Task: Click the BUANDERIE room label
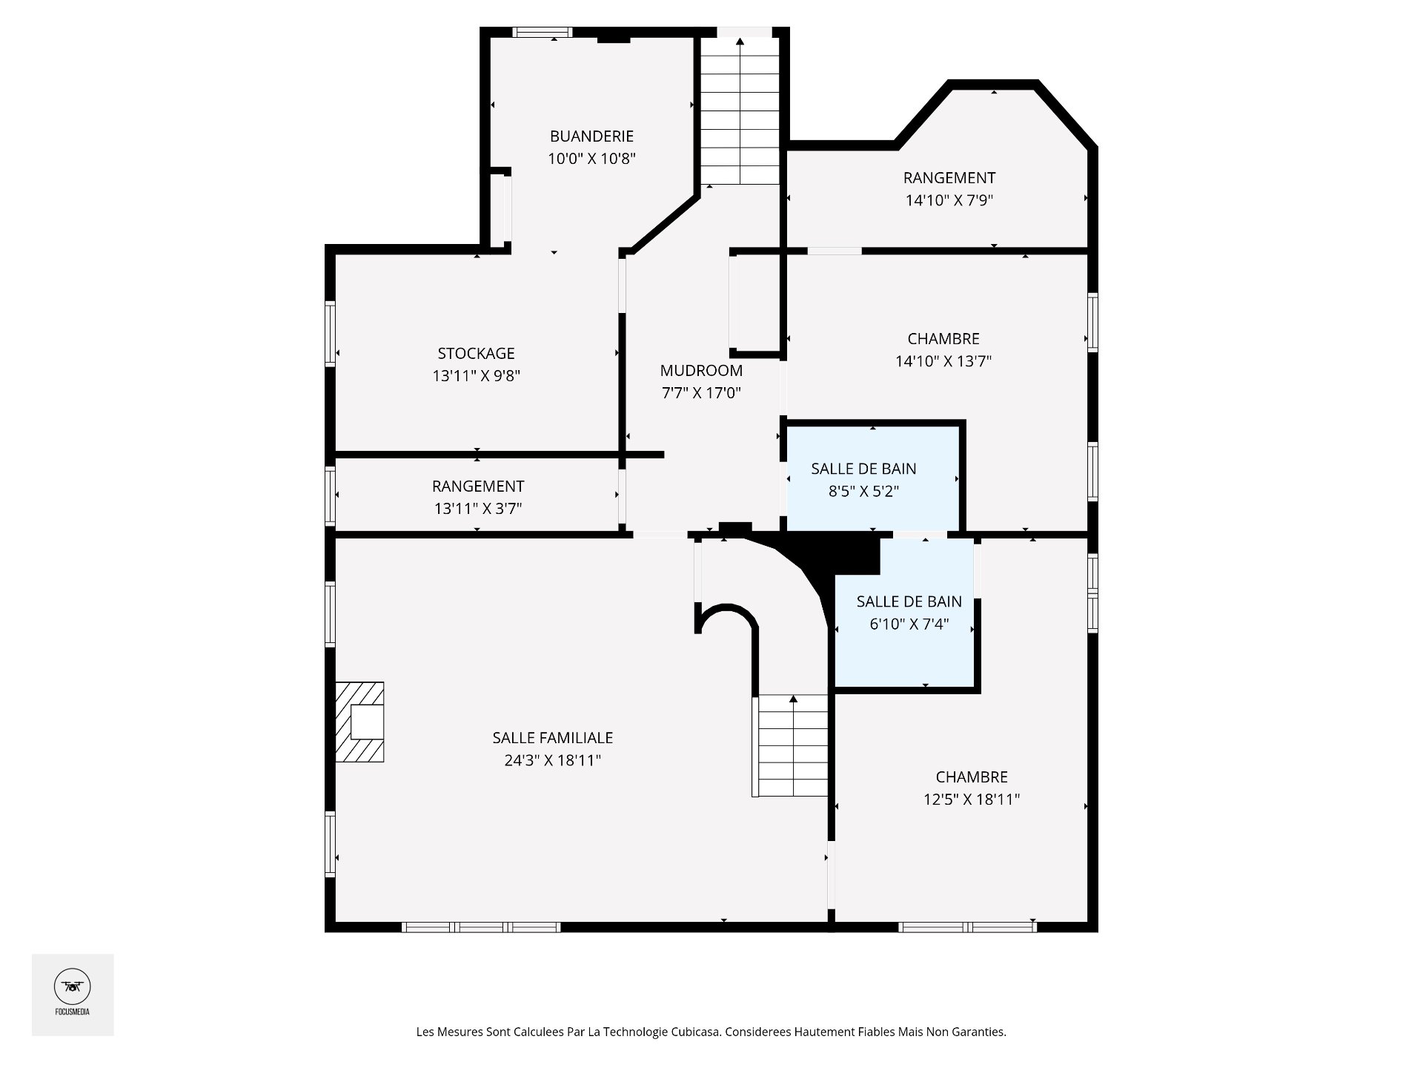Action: (x=591, y=136)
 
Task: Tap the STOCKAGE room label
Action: (x=476, y=354)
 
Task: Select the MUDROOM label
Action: (x=701, y=371)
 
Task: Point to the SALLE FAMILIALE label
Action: (x=553, y=738)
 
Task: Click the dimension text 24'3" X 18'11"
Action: (x=553, y=760)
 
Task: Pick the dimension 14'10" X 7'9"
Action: (x=949, y=200)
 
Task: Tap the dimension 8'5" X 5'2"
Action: (x=863, y=491)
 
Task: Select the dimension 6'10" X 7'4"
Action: (x=909, y=624)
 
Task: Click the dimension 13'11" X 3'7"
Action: (x=478, y=509)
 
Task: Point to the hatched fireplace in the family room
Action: (x=359, y=722)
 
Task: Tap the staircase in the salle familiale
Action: (x=792, y=745)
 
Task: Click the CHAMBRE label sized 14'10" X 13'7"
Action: (x=943, y=339)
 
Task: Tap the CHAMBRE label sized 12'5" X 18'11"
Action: (x=972, y=777)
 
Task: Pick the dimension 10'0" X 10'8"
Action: (x=591, y=159)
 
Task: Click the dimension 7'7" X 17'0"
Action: (x=701, y=393)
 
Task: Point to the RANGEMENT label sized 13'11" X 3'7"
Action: (x=478, y=487)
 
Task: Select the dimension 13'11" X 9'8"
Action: (x=477, y=376)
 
